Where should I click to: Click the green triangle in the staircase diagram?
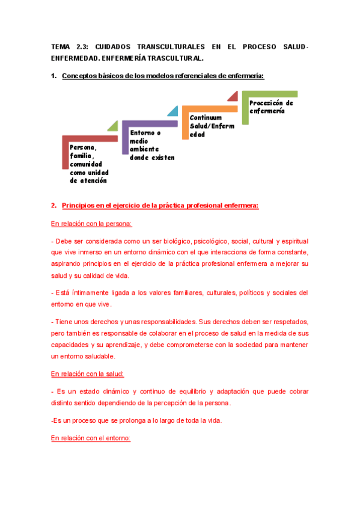coord(113,126)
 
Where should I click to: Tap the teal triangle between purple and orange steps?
coord(172,111)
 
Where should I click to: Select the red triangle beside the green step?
coord(233,97)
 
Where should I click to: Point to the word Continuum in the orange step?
coord(206,118)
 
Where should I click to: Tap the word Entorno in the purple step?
coord(142,133)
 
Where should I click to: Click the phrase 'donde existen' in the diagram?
coord(152,158)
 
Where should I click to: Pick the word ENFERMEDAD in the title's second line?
coord(75,59)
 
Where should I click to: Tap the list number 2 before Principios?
coord(53,206)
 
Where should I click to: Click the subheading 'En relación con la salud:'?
coord(88,374)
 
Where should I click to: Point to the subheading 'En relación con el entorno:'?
coord(91,438)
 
